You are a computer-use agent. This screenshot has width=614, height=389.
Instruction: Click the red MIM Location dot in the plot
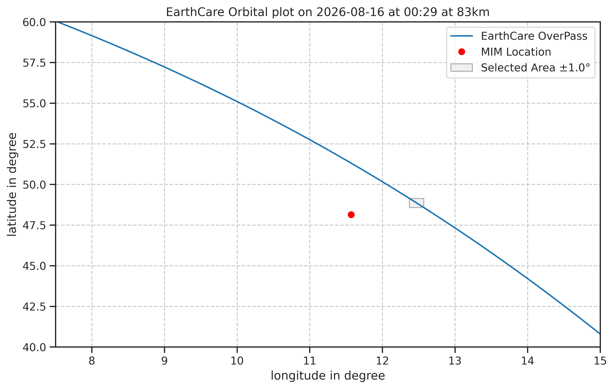[351, 215]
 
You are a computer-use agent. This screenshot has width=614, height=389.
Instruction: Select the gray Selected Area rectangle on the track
[416, 203]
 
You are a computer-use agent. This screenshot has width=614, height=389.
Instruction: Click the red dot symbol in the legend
[461, 52]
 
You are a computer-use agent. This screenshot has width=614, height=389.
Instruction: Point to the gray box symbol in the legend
[461, 68]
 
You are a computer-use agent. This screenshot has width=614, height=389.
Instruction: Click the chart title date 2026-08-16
[350, 12]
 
